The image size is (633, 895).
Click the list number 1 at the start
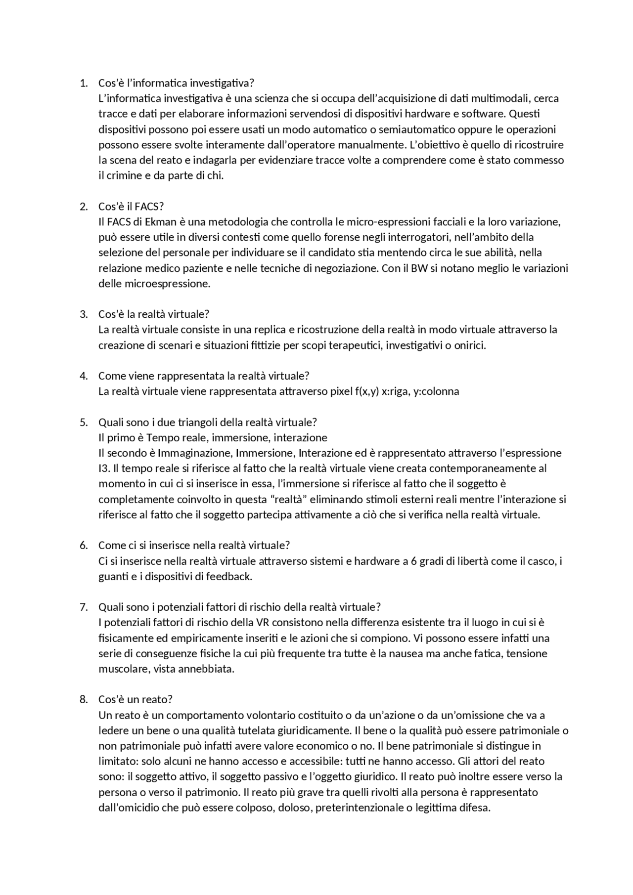click(x=83, y=83)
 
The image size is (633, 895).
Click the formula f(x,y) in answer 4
click(x=367, y=391)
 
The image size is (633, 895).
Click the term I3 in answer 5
click(x=104, y=469)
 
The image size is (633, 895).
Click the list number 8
click(x=83, y=700)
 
